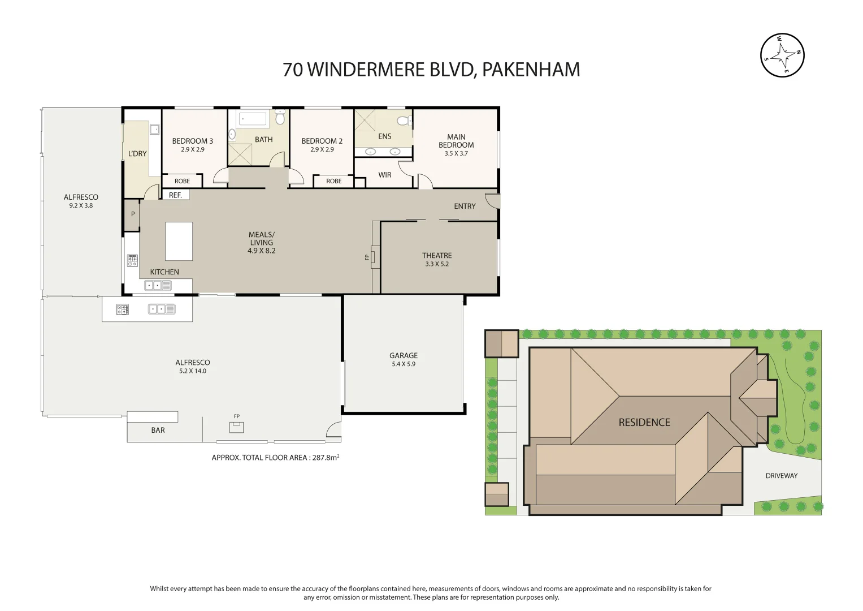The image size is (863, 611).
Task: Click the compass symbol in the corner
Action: point(782,55)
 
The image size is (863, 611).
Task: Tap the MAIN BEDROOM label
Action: point(456,141)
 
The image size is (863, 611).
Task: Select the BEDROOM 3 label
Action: point(193,141)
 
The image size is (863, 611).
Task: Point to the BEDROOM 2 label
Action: point(322,141)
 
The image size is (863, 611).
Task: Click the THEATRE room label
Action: point(437,256)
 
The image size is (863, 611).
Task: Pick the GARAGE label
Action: point(404,356)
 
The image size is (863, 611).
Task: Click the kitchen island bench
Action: point(179,240)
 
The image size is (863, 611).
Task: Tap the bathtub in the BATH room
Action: point(253,119)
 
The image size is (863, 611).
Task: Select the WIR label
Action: point(385,175)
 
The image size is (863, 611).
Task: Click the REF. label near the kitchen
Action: point(175,195)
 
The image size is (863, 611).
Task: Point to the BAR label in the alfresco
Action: point(158,431)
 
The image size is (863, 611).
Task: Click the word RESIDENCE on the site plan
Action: point(644,423)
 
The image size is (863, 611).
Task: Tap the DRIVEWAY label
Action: point(782,476)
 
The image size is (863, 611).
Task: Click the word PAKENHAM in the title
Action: point(531,70)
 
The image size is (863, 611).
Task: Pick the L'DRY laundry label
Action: point(137,154)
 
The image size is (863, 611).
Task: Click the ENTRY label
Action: point(465,206)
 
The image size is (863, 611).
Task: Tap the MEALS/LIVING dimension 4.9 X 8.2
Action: point(262,251)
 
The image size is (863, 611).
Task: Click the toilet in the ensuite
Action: point(404,121)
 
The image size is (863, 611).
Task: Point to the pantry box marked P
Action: point(133,214)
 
